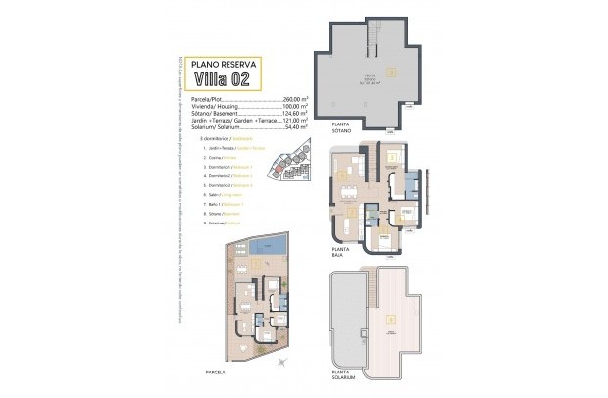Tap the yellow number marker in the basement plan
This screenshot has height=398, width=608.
click(391, 72)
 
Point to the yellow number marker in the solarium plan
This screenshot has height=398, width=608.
click(391, 320)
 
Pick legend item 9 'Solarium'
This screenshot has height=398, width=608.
click(219, 222)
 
